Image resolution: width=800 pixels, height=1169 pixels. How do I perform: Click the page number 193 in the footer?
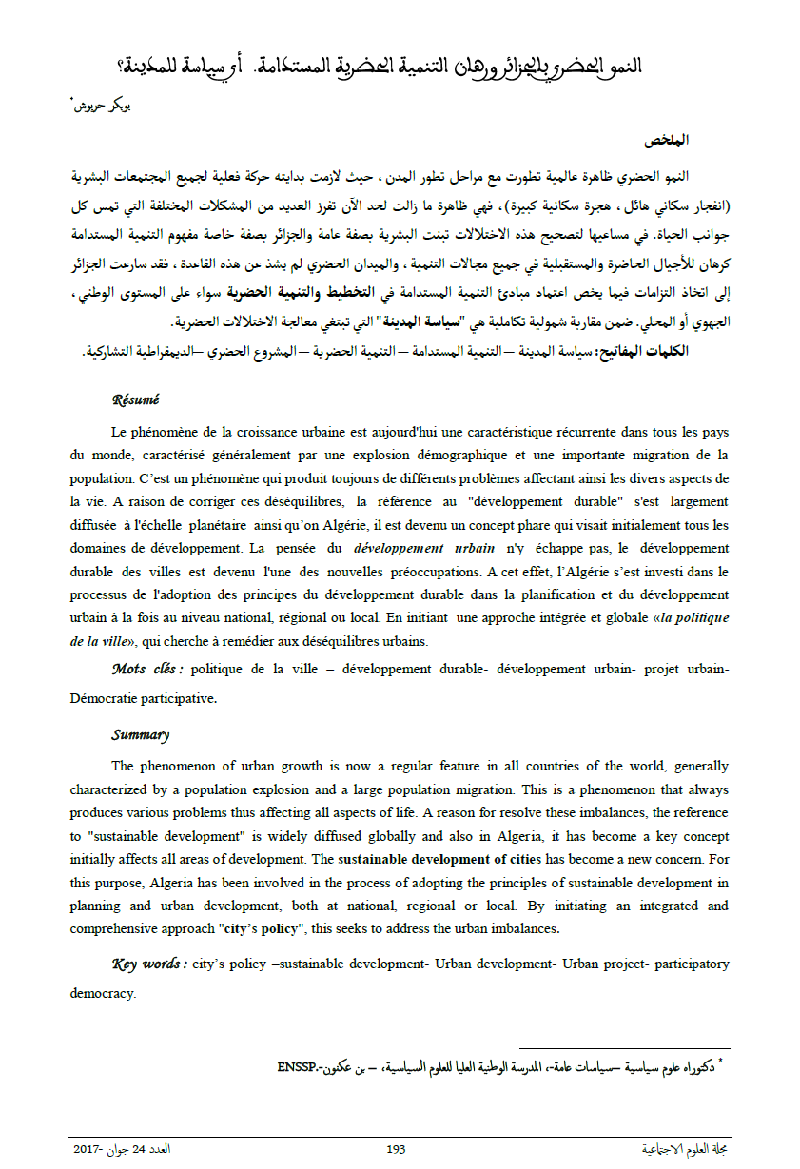pyautogui.click(x=397, y=1149)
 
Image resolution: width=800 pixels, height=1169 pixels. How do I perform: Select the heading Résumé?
pyautogui.click(x=135, y=399)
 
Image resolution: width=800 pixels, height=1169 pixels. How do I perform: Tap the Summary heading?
pyautogui.click(x=140, y=734)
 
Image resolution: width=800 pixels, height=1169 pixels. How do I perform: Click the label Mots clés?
pyautogui.click(x=146, y=670)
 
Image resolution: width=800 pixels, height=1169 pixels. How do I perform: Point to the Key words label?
pyautogui.click(x=148, y=964)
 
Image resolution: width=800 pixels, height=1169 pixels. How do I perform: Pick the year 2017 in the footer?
pyautogui.click(x=88, y=1149)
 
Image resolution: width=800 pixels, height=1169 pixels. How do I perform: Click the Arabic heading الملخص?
pyautogui.click(x=666, y=140)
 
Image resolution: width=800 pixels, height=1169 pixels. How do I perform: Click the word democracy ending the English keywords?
pyautogui.click(x=103, y=993)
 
